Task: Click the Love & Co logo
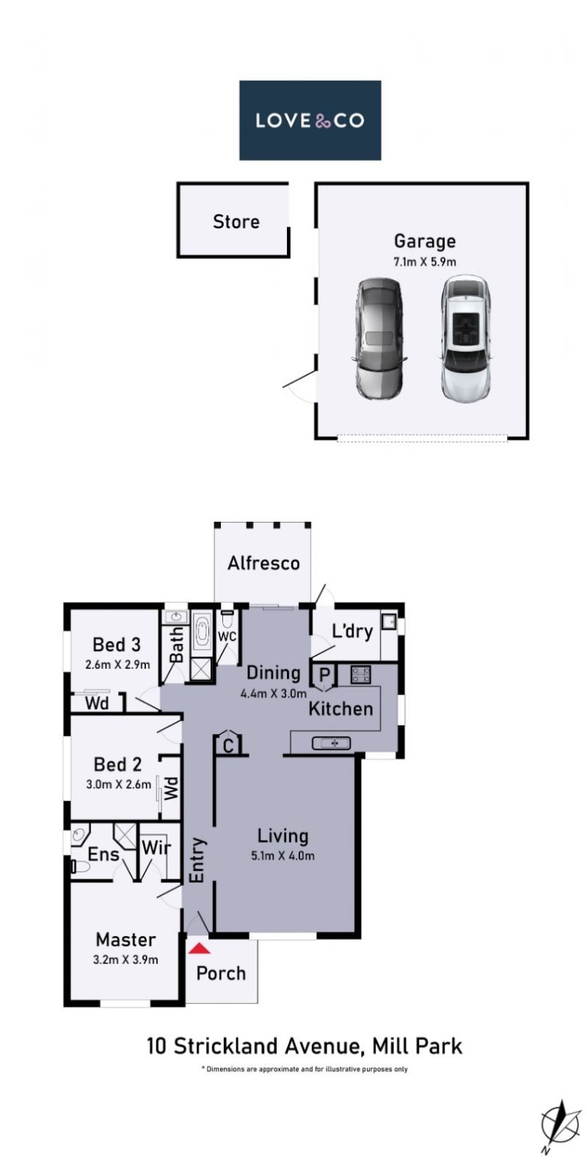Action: pyautogui.click(x=310, y=120)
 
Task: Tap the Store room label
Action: pyautogui.click(x=236, y=222)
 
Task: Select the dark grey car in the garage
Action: pyautogui.click(x=379, y=338)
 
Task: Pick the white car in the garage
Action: pyautogui.click(x=464, y=338)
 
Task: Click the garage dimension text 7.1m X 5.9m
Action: pyautogui.click(x=425, y=261)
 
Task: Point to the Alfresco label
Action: pyautogui.click(x=263, y=563)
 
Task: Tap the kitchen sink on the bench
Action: pyautogui.click(x=331, y=743)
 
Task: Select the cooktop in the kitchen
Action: pyautogui.click(x=361, y=674)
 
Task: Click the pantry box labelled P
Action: pyautogui.click(x=324, y=675)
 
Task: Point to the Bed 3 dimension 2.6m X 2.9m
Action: pyautogui.click(x=118, y=664)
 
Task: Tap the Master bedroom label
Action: pyautogui.click(x=125, y=939)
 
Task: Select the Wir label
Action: pyautogui.click(x=156, y=847)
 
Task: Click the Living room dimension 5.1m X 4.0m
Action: pyautogui.click(x=282, y=855)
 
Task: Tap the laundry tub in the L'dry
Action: pyautogui.click(x=389, y=621)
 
